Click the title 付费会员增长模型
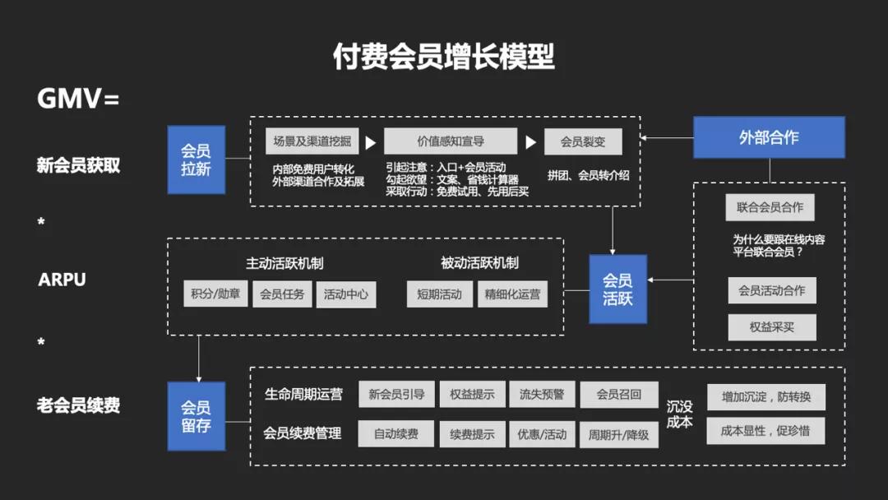(443, 57)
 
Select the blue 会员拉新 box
(196, 160)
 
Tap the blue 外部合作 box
(769, 137)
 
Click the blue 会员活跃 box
(617, 289)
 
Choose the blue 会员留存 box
(196, 416)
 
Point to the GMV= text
(78, 99)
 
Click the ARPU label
(62, 280)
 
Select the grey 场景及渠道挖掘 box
(312, 141)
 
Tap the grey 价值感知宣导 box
(451, 141)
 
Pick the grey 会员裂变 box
(583, 141)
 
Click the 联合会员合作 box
(770, 207)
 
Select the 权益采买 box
(771, 326)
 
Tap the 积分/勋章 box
(215, 294)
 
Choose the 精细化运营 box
(512, 294)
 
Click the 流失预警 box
(542, 395)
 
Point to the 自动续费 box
(395, 433)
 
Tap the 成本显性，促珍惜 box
(765, 431)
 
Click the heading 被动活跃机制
(479, 263)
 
